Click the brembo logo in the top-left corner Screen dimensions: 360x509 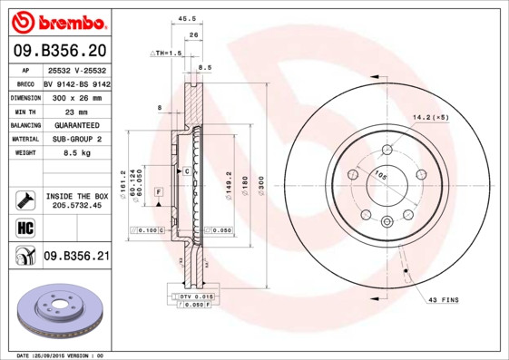pos(56,20)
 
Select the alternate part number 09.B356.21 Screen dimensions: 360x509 pos(76,257)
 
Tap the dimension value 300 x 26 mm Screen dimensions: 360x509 pos(76,96)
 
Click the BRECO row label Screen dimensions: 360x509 pos(25,83)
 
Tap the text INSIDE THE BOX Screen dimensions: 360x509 pos(76,196)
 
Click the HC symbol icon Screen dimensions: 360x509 pos(25,227)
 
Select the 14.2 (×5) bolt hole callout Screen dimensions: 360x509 pos(431,117)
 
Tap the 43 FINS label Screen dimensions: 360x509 pos(443,300)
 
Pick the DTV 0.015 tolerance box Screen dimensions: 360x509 pos(196,297)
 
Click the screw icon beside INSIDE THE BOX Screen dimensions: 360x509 pos(25,199)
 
